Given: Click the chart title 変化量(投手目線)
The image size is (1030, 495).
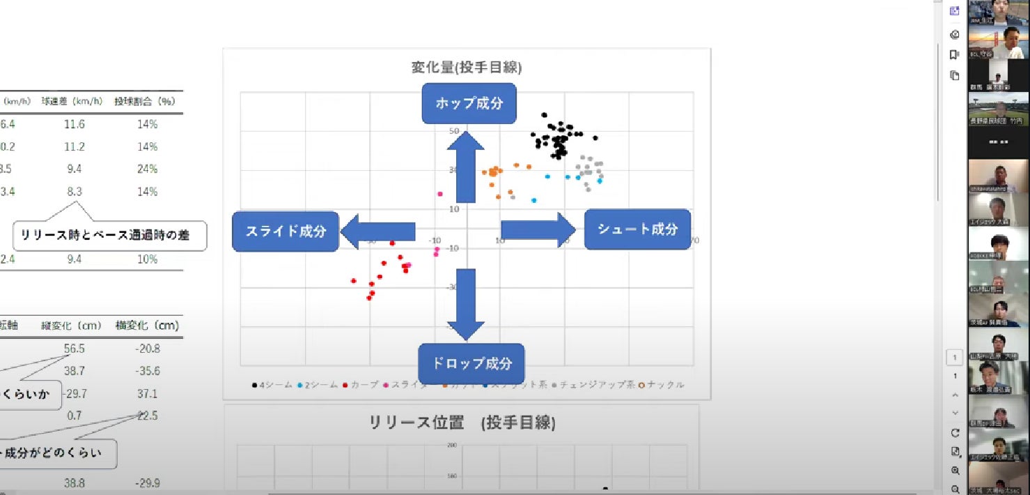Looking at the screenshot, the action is click(x=467, y=68).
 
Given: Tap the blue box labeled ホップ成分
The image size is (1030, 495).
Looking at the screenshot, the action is click(x=469, y=103).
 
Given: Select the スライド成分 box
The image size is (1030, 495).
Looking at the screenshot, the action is click(x=286, y=231).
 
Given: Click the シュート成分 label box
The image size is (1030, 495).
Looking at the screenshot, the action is click(x=637, y=229).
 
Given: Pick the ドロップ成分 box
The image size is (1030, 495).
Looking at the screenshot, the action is click(x=471, y=363).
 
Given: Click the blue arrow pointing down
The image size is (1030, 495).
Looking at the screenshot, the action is click(x=465, y=305).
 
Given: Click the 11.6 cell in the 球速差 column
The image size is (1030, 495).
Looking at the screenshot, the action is click(x=72, y=124).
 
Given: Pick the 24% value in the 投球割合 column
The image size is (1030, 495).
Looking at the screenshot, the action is click(x=148, y=169).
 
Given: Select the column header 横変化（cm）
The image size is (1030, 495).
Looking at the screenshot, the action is click(x=148, y=326).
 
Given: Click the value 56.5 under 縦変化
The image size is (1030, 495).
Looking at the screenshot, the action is click(x=73, y=348).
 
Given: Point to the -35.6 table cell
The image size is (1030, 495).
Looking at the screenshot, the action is click(x=148, y=371).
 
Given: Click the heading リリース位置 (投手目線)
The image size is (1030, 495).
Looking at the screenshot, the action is click(x=462, y=423).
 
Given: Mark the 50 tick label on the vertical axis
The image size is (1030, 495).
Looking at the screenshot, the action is click(x=453, y=131).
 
